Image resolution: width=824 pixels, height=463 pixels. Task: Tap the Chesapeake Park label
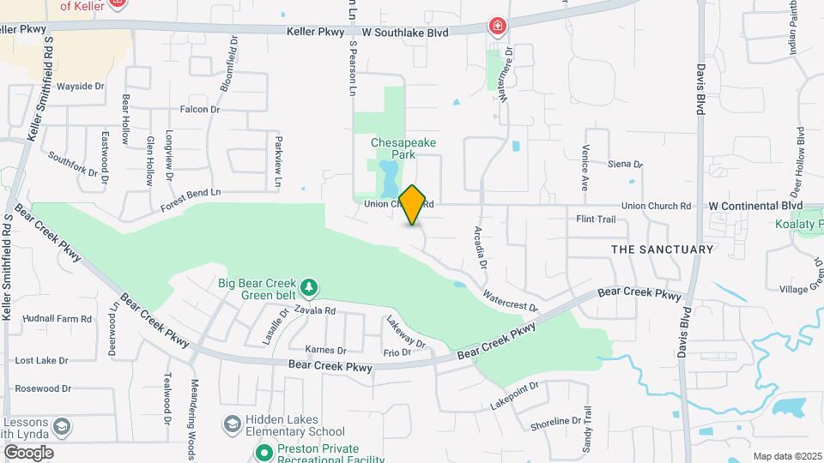(393, 149)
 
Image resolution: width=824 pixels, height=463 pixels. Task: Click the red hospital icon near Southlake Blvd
(496, 27)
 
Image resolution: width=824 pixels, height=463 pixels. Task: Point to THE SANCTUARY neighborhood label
(662, 250)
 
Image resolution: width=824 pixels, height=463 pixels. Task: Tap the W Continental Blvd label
(755, 206)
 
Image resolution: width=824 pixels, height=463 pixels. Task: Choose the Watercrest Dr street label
(510, 301)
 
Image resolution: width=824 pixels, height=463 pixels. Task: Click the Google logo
(27, 452)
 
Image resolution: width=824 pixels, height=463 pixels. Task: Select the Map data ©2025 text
(785, 456)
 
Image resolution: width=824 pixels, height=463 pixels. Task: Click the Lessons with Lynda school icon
(62, 426)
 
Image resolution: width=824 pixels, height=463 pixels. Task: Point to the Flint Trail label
(596, 219)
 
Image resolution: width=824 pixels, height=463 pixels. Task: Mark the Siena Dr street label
(625, 164)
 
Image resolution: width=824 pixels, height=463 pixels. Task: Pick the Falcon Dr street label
(200, 110)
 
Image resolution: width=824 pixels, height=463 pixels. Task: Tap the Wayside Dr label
(80, 87)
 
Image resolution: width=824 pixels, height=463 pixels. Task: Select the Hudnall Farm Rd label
(57, 318)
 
